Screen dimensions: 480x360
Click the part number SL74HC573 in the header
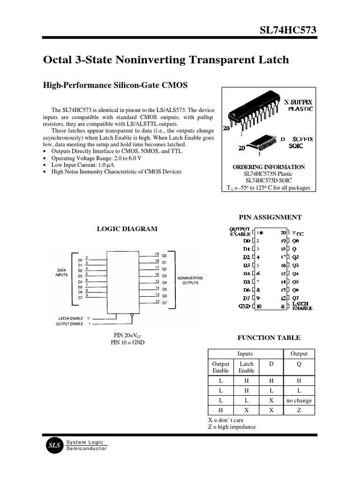(288, 30)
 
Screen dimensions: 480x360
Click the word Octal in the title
(58, 60)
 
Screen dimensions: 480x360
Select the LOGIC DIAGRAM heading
(127, 229)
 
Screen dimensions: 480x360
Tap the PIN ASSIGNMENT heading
(270, 217)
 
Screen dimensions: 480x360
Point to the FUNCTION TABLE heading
(269, 337)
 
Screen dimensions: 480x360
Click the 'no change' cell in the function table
(299, 400)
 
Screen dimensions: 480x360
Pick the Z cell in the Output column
(299, 410)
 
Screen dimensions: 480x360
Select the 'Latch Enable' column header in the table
(247, 367)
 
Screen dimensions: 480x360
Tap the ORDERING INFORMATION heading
(269, 167)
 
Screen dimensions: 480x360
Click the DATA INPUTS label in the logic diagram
(61, 272)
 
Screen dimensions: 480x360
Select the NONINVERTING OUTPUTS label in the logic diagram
(190, 280)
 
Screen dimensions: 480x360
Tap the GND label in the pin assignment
(244, 306)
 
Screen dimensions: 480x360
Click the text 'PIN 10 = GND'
(127, 342)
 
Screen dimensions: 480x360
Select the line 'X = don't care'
(225, 420)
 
